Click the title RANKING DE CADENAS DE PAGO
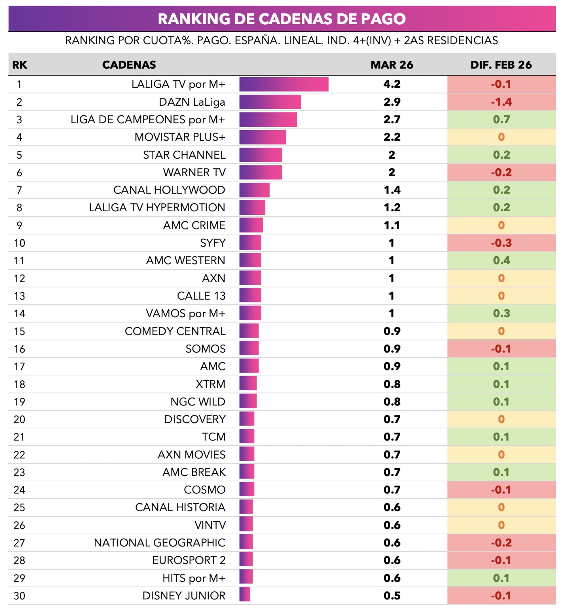pyautogui.click(x=282, y=19)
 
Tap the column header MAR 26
pyautogui.click(x=392, y=65)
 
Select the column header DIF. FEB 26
pyautogui.click(x=501, y=65)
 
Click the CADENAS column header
pyautogui.click(x=129, y=65)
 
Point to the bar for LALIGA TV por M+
pyautogui.click(x=284, y=84)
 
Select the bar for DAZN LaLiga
pyautogui.click(x=270, y=102)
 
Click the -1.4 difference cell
pyautogui.click(x=501, y=102)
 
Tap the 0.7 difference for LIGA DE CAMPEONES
pyautogui.click(x=501, y=120)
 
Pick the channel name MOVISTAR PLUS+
pyautogui.click(x=180, y=137)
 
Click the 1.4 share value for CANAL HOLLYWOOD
pyautogui.click(x=392, y=190)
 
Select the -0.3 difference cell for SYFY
pyautogui.click(x=501, y=243)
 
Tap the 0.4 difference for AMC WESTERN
pyautogui.click(x=501, y=261)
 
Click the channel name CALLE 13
pyautogui.click(x=201, y=296)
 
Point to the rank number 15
pyautogui.click(x=19, y=331)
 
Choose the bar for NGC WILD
pyautogui.click(x=248, y=402)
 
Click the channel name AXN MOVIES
pyautogui.click(x=191, y=455)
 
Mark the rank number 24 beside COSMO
pyautogui.click(x=19, y=490)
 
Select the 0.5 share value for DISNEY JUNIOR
pyautogui.click(x=392, y=596)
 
